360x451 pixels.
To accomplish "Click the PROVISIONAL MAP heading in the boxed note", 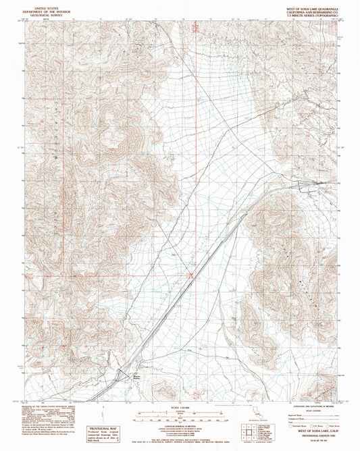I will click(107, 428).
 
